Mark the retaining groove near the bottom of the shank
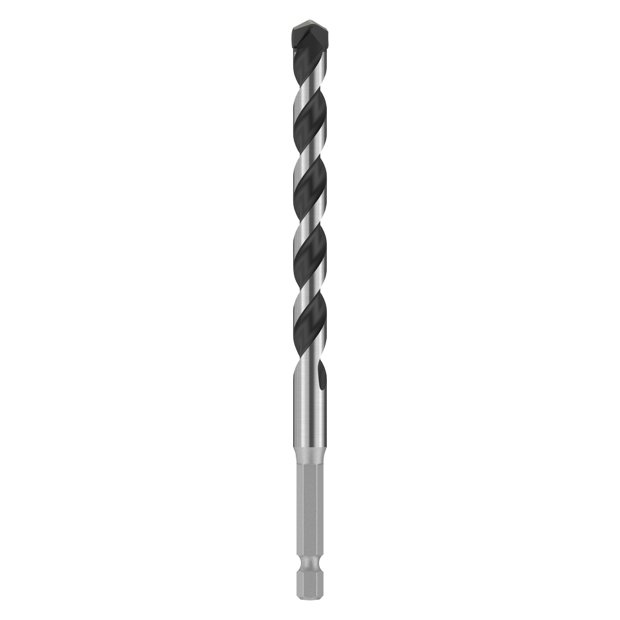point(309,568)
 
